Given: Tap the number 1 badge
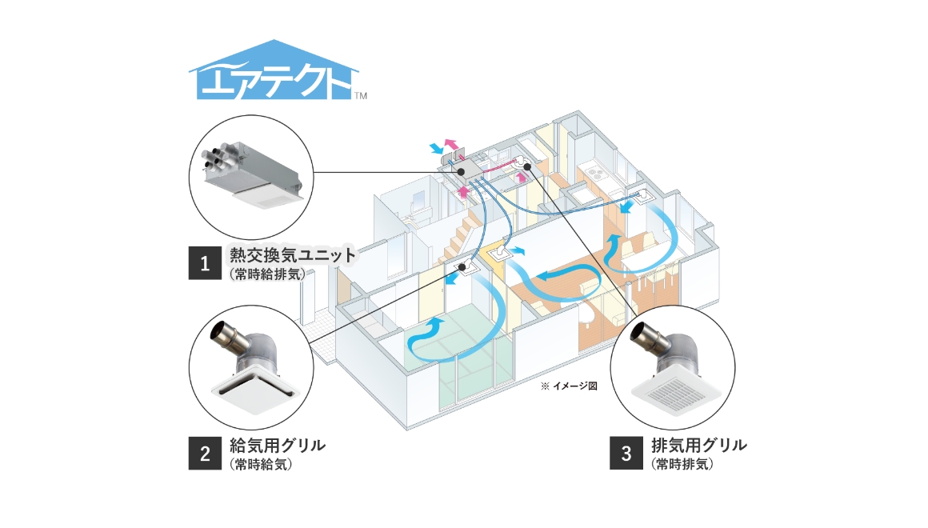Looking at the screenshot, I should [205, 263].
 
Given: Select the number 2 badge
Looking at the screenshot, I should [205, 454].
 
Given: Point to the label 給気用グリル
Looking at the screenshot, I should [277, 446].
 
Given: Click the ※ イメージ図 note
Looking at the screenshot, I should [569, 386].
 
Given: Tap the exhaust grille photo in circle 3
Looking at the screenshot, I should [672, 368].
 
